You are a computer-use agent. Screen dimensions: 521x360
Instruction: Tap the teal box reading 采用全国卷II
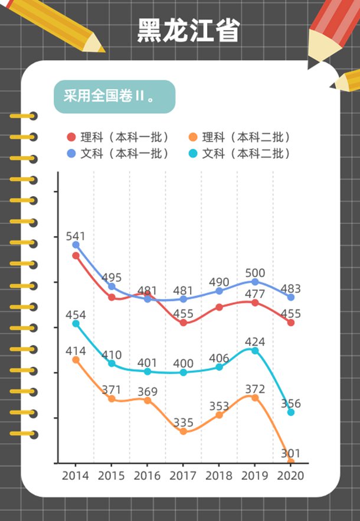114,97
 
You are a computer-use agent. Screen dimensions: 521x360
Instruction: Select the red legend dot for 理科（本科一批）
71,138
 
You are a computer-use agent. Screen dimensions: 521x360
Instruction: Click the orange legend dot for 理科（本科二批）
192,138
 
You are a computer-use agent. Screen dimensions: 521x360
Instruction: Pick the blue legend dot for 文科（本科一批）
71,154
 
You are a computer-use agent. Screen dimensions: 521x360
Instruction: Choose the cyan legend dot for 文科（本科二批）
192,154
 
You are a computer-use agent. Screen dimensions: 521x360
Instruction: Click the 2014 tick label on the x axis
75,476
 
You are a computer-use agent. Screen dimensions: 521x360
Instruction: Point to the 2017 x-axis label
183,476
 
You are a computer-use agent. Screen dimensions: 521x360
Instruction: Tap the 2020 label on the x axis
290,476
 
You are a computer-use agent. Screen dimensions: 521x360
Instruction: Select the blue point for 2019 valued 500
255,282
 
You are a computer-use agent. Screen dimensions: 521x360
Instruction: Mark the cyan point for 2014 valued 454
76,324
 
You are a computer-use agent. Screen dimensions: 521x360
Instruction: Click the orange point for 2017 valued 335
183,431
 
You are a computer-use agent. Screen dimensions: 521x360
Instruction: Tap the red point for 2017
183,323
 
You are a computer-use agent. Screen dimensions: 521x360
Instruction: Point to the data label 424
255,341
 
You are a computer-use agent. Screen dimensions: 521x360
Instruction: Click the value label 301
290,454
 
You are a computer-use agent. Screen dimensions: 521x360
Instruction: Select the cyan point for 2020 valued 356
290,412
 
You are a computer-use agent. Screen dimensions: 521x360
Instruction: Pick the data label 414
76,351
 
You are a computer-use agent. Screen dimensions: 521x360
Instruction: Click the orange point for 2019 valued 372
255,398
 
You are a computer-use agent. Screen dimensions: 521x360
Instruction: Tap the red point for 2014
76,256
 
